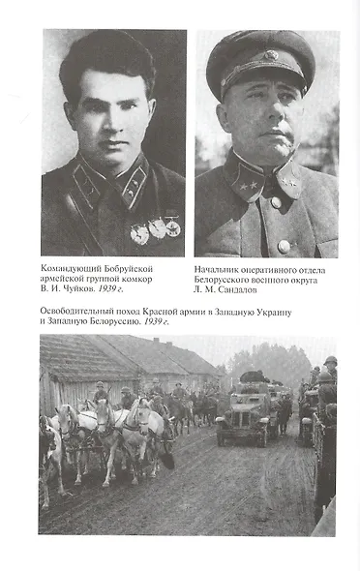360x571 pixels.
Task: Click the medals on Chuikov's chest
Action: point(156,229)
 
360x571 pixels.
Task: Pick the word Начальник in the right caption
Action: point(220,267)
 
